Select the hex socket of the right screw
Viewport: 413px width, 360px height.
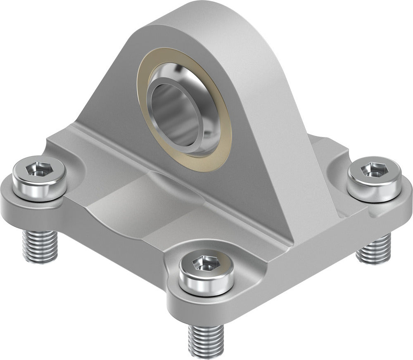pos(375,169)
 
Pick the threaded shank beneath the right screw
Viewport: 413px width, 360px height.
pos(374,250)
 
